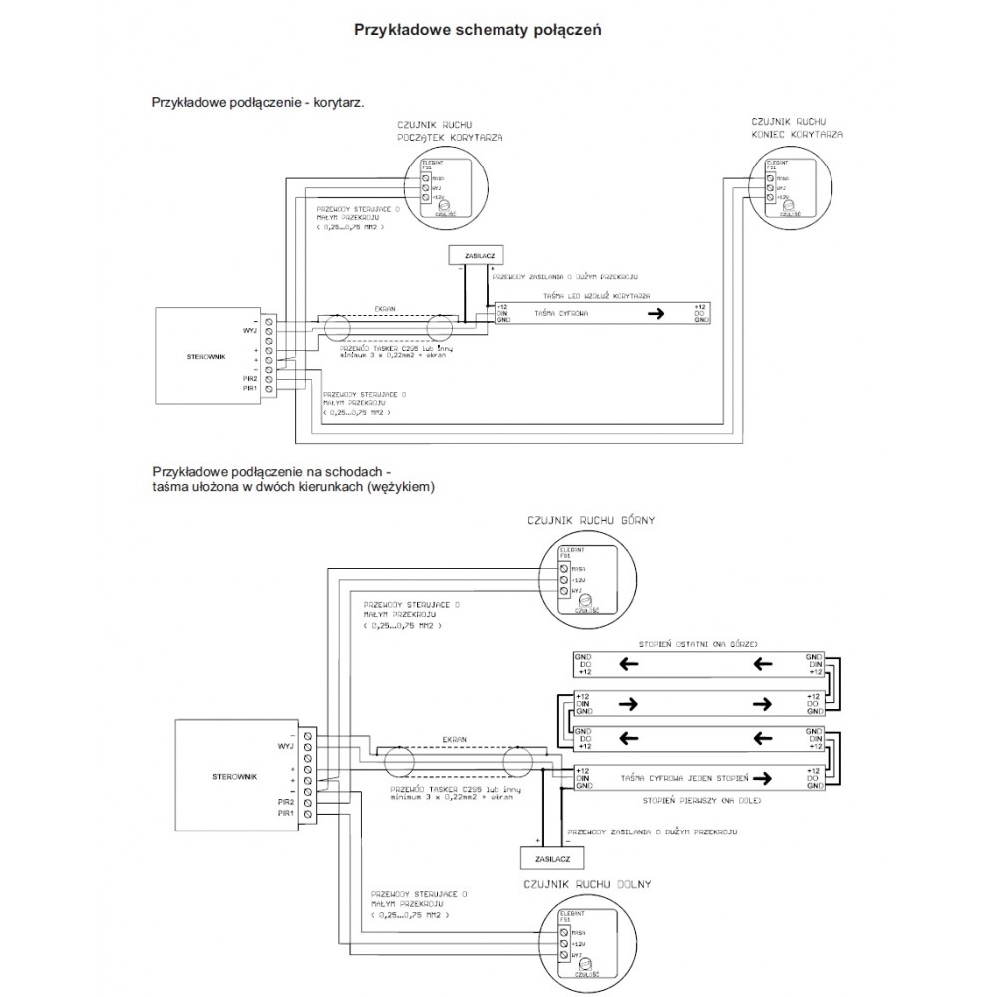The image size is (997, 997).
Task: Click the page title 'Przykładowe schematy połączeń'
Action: click(x=478, y=29)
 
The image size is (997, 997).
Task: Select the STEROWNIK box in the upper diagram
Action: click(x=205, y=354)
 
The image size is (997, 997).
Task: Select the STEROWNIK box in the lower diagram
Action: click(x=235, y=774)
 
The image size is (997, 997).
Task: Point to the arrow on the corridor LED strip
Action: click(x=654, y=314)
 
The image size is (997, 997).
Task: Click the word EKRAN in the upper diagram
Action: click(x=385, y=310)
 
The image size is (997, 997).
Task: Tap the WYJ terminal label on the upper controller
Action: click(x=249, y=329)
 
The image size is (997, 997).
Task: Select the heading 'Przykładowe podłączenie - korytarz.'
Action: click(x=257, y=102)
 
